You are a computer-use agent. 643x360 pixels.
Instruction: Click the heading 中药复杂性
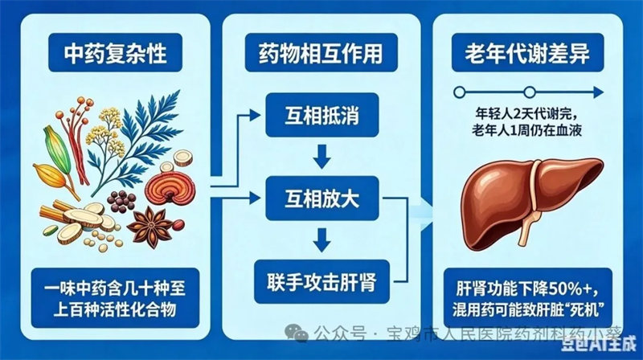115,53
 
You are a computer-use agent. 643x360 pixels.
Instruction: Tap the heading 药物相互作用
321,53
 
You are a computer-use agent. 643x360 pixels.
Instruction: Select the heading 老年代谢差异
527,53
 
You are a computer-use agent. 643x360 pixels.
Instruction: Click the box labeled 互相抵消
322,115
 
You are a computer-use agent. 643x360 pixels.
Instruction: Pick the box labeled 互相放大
322,198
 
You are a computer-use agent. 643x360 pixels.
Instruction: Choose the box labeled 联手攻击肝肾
322,282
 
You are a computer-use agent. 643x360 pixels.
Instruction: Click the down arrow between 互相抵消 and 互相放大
322,156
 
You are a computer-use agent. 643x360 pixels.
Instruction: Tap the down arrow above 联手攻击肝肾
322,239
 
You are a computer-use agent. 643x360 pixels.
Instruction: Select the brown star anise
150,227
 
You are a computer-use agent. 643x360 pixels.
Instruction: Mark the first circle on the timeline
459,92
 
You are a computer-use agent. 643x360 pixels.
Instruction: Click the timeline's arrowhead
599,92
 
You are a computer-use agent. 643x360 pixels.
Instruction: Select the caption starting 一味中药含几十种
115,298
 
